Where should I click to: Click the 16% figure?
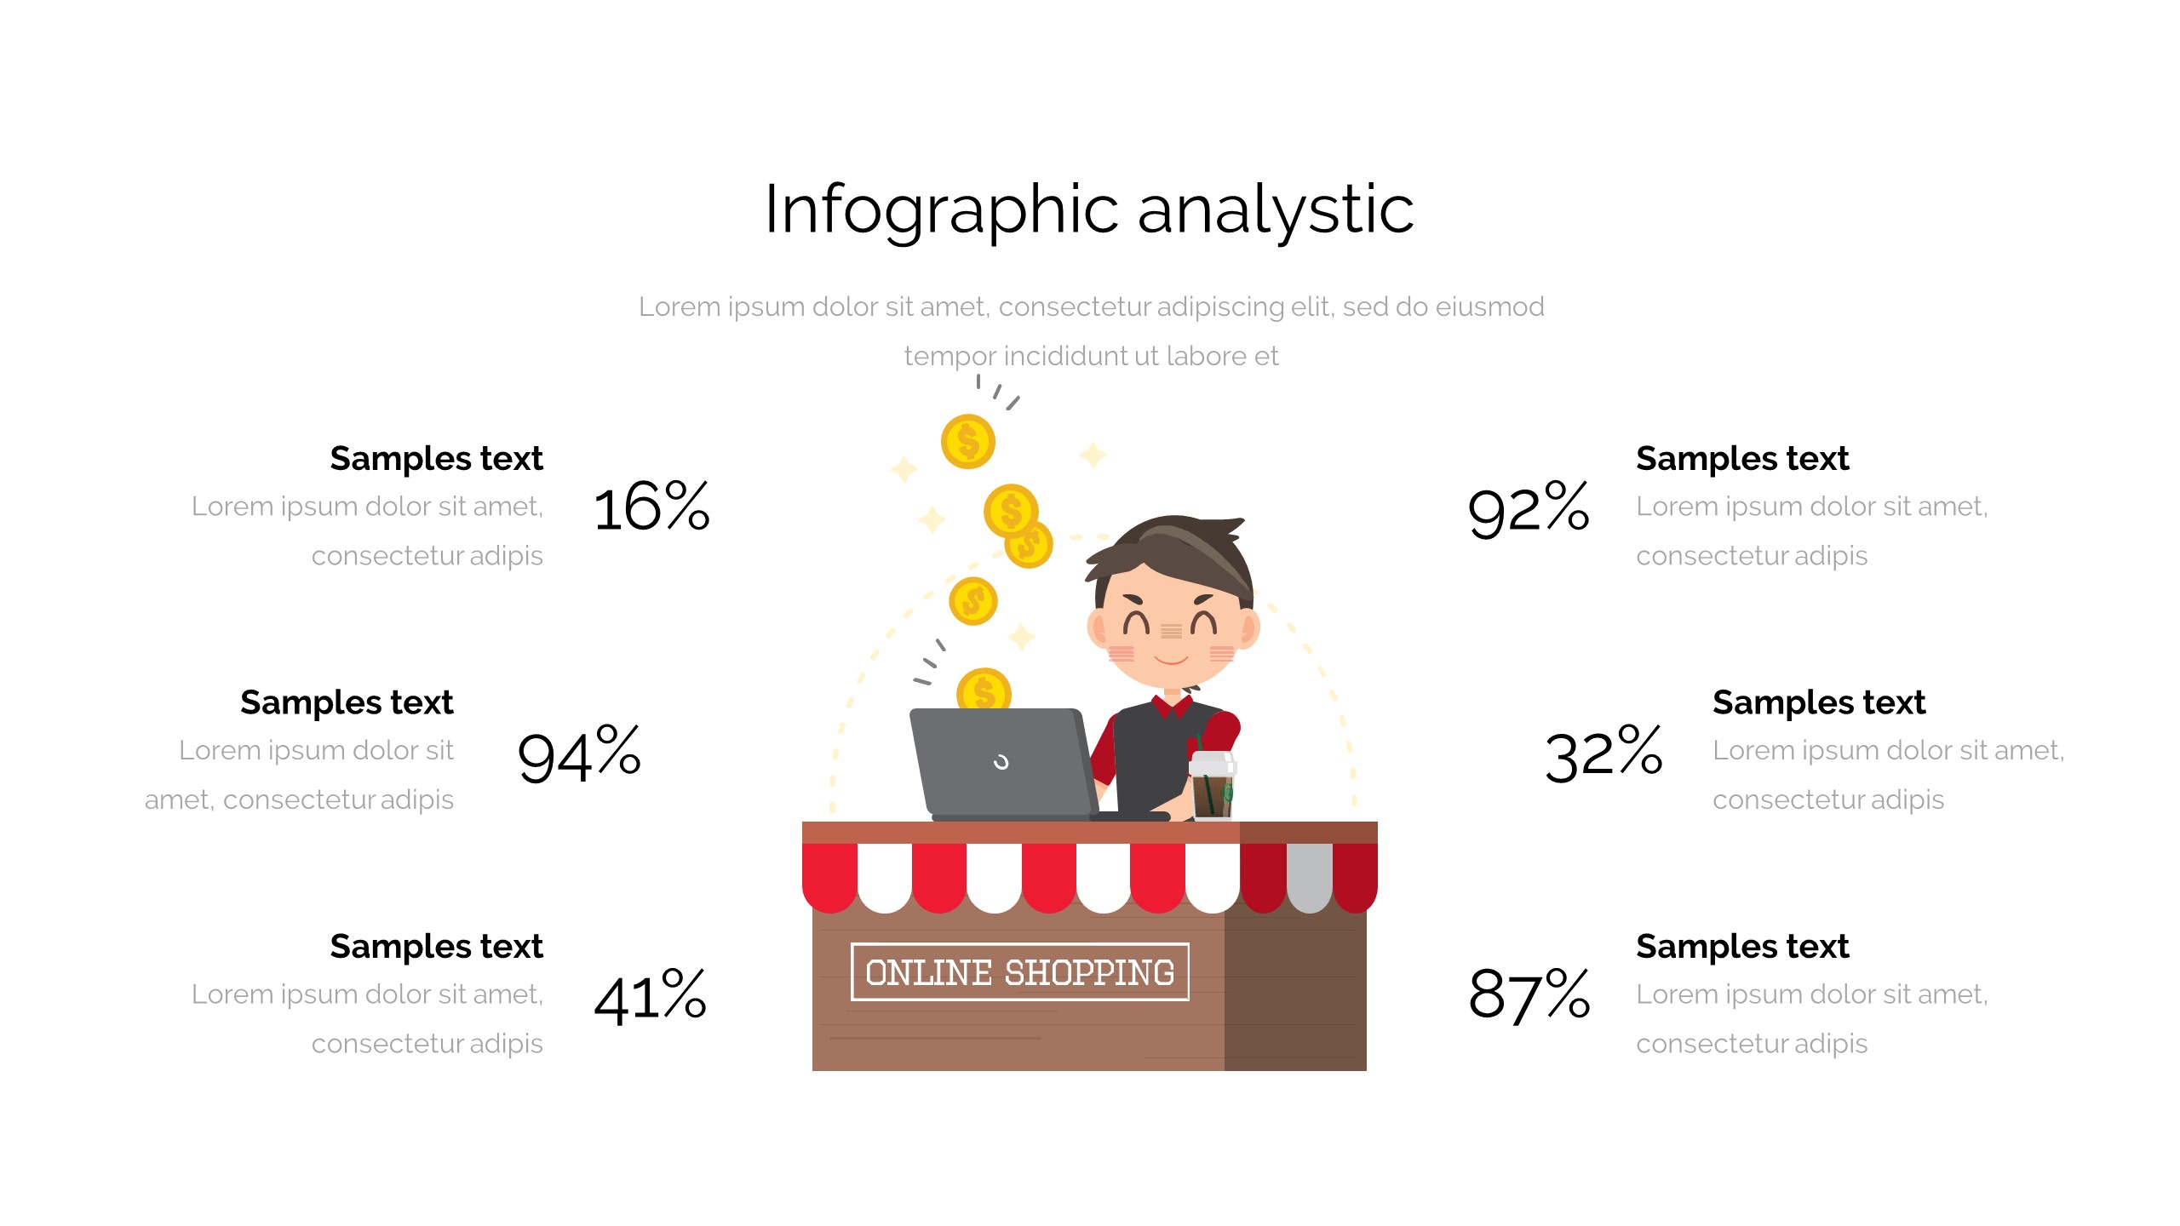651,507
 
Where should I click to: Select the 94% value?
579,754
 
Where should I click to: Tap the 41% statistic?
650,995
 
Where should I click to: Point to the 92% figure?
1529,509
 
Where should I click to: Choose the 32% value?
1603,754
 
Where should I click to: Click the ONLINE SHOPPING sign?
1019,972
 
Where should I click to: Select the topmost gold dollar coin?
968,442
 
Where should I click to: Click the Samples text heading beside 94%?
347,703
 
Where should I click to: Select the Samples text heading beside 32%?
1819,703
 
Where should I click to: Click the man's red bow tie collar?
1172,706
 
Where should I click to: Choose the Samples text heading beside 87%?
1742,947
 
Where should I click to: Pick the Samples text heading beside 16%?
436,459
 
